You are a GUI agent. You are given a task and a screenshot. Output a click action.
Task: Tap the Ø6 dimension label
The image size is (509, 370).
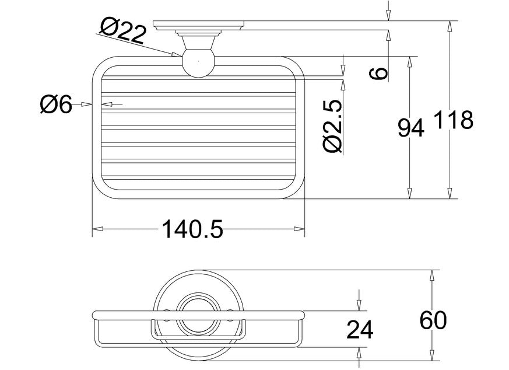55,104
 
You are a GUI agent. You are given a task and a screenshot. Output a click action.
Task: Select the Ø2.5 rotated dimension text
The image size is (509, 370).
333,126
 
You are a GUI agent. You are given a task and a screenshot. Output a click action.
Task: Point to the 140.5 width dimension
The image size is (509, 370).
192,229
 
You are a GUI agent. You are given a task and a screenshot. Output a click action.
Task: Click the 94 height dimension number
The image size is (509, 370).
410,128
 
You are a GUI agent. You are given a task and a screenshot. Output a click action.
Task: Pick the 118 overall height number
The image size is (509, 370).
453,120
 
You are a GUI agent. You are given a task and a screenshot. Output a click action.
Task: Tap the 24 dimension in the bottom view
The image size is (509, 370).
360,330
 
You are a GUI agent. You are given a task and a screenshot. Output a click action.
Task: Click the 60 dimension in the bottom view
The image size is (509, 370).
433,320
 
